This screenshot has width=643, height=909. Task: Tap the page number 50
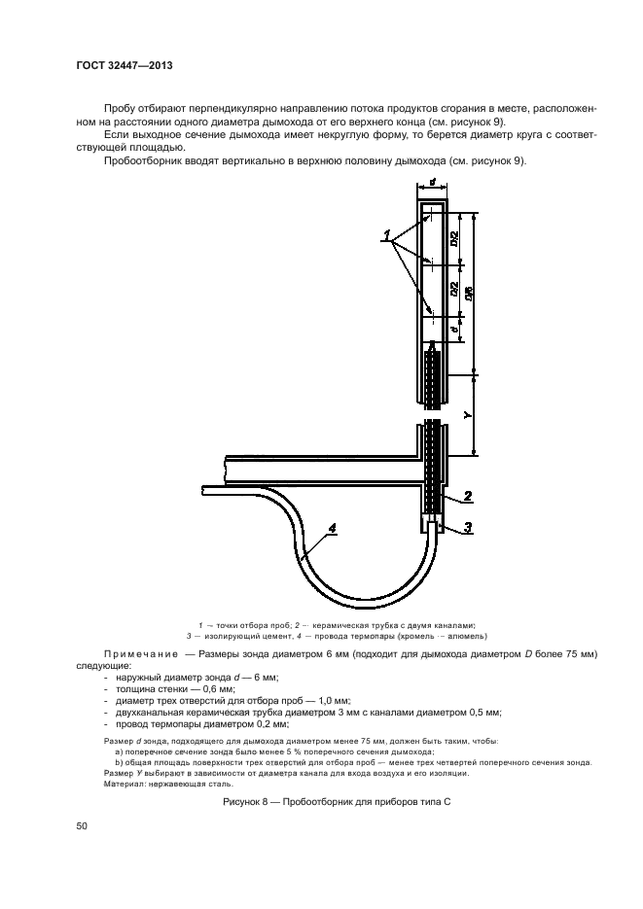pyautogui.click(x=82, y=825)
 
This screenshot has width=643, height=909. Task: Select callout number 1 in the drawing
pyautogui.click(x=386, y=234)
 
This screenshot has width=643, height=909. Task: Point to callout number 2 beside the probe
pyautogui.click(x=468, y=496)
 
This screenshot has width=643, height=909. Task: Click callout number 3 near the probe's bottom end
pyautogui.click(x=467, y=528)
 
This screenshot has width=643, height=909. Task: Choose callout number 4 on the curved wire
pyautogui.click(x=332, y=529)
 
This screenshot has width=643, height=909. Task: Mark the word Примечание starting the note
pyautogui.click(x=135, y=656)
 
